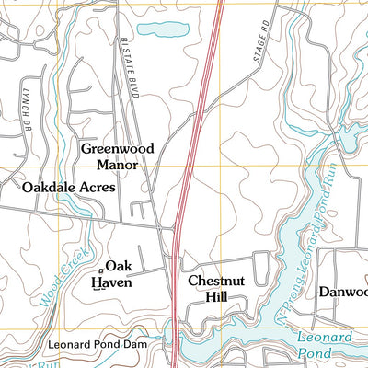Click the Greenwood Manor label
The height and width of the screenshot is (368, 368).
point(117,156)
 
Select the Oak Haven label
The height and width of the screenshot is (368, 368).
point(118,275)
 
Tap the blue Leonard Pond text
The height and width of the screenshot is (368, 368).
point(325,345)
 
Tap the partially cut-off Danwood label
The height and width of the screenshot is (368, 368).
point(343,292)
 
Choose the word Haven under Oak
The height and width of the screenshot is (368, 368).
point(117,283)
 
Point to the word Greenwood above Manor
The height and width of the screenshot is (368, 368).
point(117,148)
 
